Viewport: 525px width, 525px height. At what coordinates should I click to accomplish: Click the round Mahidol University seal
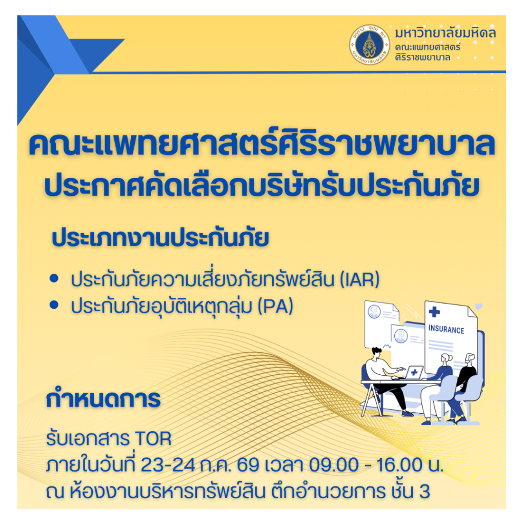click(x=370, y=45)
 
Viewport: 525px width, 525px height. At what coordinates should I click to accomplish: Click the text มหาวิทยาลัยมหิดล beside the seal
click(x=446, y=33)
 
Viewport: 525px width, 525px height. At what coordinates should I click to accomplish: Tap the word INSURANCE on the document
click(x=447, y=329)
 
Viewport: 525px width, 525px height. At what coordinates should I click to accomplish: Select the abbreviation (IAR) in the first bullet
click(x=359, y=279)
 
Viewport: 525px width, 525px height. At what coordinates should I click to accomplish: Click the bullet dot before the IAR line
click(x=54, y=278)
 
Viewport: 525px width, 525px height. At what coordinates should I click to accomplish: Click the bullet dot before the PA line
click(x=54, y=305)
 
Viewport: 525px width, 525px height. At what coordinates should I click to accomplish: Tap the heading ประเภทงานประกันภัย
click(x=160, y=238)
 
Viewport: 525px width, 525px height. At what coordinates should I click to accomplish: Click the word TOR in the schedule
click(x=153, y=439)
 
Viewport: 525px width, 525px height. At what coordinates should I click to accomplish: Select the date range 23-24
click(x=168, y=465)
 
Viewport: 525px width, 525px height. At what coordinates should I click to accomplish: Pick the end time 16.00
click(x=399, y=465)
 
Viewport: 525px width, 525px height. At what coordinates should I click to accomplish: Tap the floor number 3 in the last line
click(x=424, y=492)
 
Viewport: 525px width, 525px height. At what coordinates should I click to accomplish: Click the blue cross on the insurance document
click(x=434, y=312)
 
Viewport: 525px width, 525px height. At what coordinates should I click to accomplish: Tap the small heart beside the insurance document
click(x=479, y=307)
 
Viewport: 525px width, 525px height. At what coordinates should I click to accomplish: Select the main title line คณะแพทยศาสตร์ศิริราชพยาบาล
click(x=262, y=145)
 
